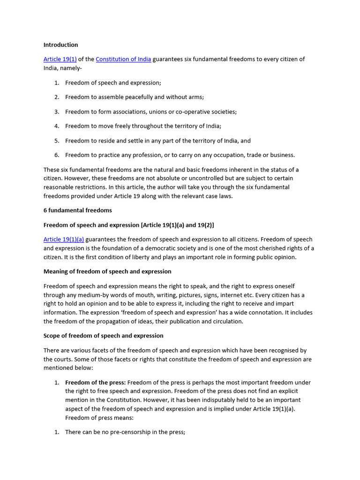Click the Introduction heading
(60, 45)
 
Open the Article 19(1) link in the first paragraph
(60, 59)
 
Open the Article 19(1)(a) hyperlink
(64, 240)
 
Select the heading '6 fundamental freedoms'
(77, 210)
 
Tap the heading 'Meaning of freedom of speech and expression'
(107, 271)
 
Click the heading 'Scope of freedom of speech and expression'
(103, 336)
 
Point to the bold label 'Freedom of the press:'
(95, 382)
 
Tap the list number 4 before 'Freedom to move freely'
(56, 126)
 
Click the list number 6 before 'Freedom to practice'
(56, 155)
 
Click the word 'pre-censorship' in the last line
(122, 432)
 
